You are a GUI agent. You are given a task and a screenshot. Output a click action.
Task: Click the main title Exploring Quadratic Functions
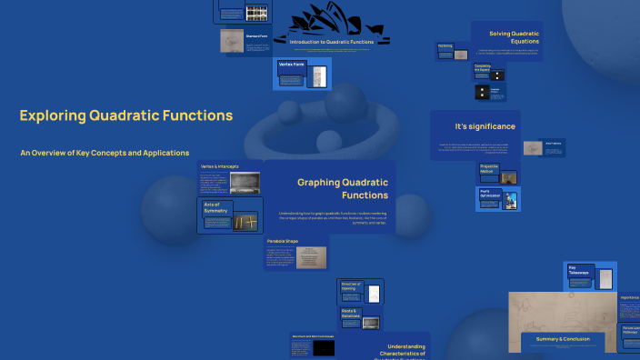[126, 115]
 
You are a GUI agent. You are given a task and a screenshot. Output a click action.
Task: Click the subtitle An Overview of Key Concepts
[105, 153]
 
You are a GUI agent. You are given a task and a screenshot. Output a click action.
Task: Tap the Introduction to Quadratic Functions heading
[332, 42]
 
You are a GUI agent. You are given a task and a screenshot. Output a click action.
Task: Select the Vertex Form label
[291, 65]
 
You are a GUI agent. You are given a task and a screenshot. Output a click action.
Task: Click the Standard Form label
[255, 36]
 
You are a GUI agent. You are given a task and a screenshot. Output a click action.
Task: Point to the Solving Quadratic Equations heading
[514, 37]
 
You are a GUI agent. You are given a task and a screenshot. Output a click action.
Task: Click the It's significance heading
[485, 125]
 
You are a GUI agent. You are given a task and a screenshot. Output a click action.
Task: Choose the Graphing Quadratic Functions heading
[342, 188]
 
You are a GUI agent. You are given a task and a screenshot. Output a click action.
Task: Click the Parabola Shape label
[282, 241]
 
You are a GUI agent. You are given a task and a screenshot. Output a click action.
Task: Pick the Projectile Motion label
[489, 170]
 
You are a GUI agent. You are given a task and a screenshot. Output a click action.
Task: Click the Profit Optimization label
[490, 195]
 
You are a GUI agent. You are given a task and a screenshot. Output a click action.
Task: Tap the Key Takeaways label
[578, 270]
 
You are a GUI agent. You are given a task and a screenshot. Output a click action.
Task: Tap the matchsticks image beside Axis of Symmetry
[245, 219]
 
